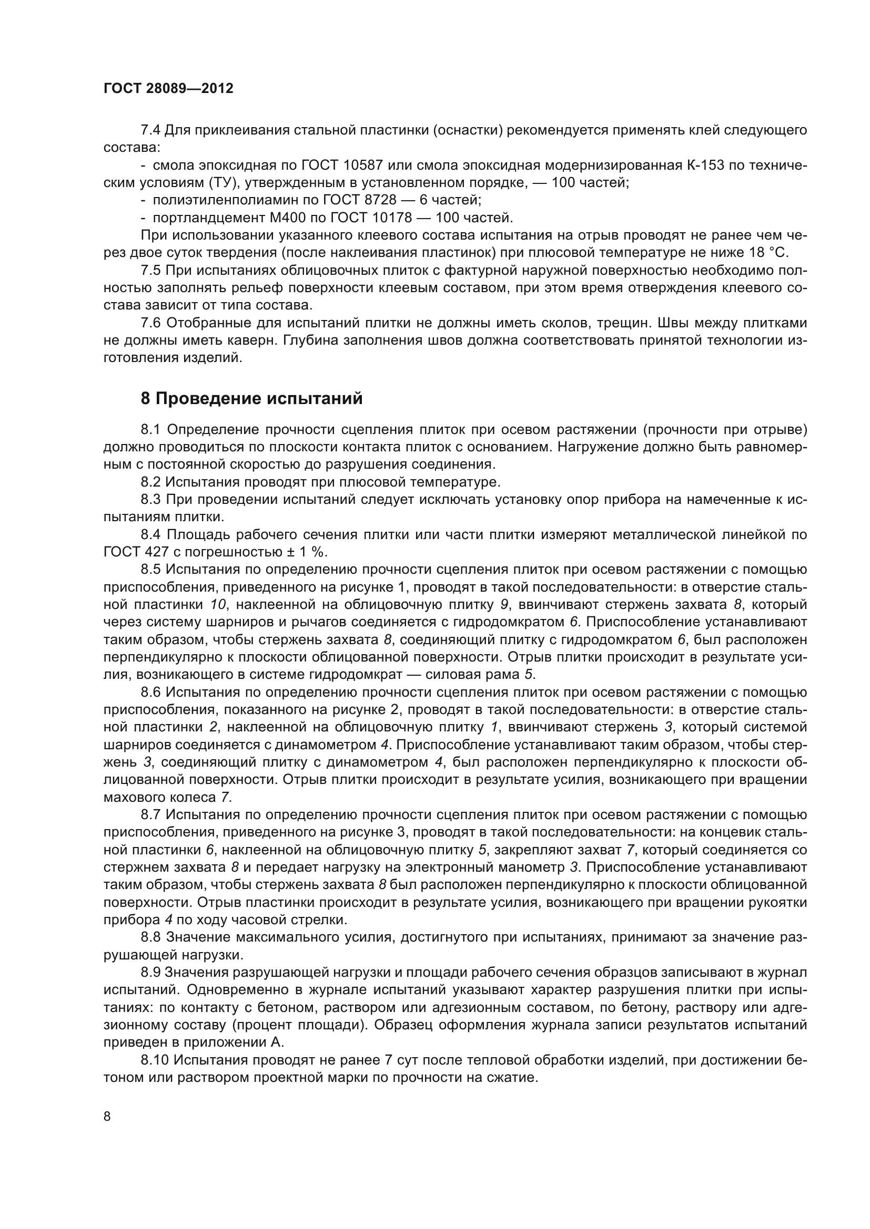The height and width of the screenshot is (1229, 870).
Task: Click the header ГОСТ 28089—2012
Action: pos(168,88)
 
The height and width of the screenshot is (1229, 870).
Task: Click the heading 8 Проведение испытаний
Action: pos(251,399)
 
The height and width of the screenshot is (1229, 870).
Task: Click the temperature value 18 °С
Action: pos(765,253)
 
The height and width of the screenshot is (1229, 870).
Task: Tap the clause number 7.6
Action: pos(150,323)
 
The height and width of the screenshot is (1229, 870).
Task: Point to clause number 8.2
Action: pos(150,482)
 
